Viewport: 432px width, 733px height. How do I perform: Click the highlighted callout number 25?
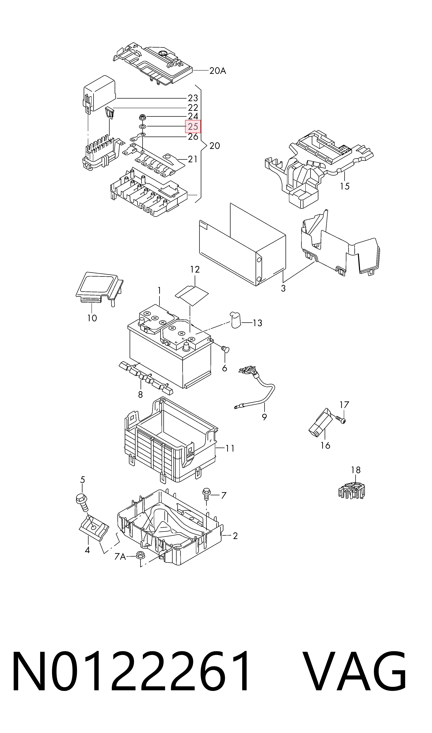(193, 127)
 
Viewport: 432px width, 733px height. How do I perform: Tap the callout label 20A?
(218, 71)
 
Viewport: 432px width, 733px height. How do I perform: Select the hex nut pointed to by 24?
(142, 117)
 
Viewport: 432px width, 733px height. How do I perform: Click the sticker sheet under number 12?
(192, 295)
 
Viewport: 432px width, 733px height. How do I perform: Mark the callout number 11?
(230, 448)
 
